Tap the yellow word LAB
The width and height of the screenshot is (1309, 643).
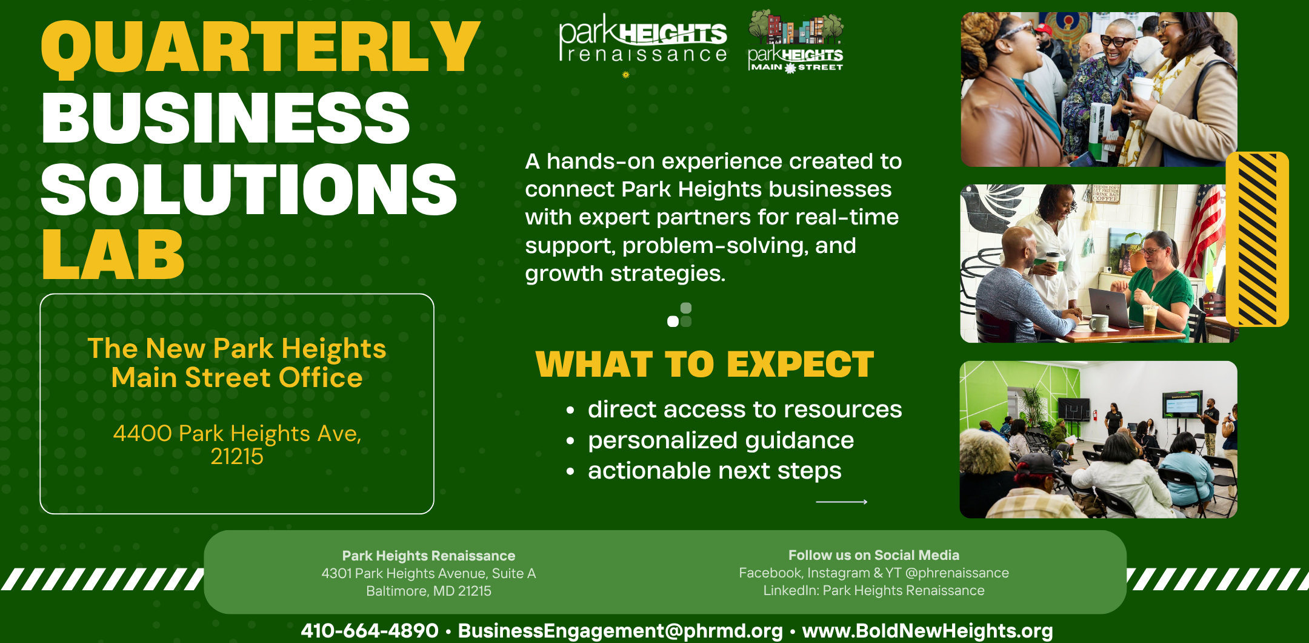113,255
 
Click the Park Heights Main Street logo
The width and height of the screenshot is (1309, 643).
796,41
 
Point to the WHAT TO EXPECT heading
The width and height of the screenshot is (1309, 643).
705,365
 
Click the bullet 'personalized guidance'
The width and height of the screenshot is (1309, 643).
721,440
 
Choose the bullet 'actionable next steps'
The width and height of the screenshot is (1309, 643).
714,471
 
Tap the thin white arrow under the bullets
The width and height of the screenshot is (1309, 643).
842,502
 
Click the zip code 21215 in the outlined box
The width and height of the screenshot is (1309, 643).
237,456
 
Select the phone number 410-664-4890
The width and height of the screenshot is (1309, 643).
369,630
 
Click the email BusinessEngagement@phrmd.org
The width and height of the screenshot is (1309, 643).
620,631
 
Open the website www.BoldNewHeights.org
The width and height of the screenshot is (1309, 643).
927,631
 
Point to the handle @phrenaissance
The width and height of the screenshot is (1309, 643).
957,573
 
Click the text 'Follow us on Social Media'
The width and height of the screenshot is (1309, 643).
873,555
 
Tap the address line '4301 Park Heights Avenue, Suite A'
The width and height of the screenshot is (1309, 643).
428,573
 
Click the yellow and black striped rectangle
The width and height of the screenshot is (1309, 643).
1257,239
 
